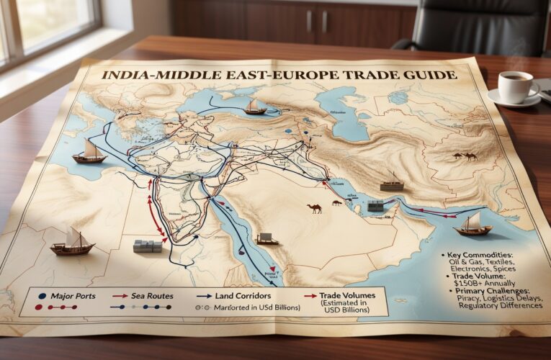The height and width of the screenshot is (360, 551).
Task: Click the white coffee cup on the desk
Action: [516, 86]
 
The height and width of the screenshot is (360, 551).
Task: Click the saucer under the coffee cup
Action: [513, 99]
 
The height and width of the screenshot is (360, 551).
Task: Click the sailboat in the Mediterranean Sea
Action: [90, 152]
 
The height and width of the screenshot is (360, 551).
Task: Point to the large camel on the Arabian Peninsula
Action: [315, 209]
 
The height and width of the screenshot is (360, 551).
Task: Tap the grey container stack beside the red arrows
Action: [147, 246]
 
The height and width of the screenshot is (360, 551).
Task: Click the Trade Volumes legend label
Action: [338, 294]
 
